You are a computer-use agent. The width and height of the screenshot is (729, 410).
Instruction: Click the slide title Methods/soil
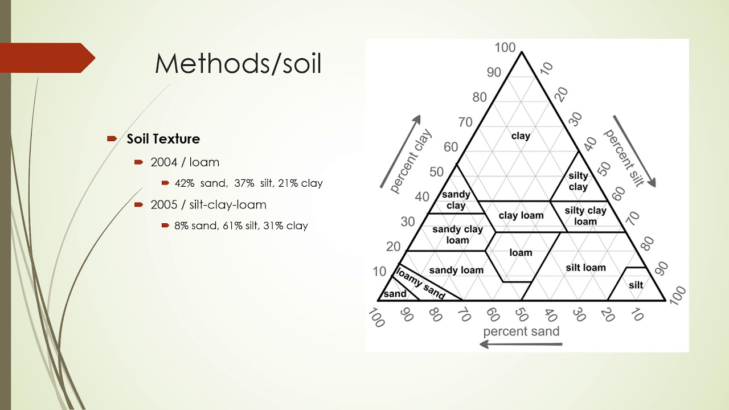[x=238, y=64]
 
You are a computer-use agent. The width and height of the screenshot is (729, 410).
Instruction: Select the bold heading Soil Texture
[x=163, y=139]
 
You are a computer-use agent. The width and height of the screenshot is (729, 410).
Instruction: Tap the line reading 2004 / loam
[x=185, y=162]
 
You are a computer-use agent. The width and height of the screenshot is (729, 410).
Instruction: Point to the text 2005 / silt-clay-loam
[x=208, y=204]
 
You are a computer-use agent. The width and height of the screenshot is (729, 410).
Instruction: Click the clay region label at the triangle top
[x=521, y=136]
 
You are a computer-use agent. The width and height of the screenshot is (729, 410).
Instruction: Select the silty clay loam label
[x=585, y=216]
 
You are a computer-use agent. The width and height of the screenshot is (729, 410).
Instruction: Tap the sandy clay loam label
[x=457, y=235]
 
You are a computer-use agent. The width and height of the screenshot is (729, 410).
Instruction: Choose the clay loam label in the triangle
[x=521, y=215]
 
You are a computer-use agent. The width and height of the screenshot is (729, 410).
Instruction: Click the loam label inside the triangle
[x=521, y=252]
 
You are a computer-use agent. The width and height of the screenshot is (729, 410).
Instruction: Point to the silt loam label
[x=585, y=268]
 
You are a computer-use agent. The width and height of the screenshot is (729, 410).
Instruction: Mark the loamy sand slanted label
[x=420, y=282]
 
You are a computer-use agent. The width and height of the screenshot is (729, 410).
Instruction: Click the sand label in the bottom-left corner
[x=395, y=294]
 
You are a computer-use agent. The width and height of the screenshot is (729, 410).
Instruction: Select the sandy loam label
[x=456, y=270]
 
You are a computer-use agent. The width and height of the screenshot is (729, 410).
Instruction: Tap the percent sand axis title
[x=521, y=331]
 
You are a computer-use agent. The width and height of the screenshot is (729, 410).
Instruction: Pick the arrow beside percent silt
[x=634, y=151]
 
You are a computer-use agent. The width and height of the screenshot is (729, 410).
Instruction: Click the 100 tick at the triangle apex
[x=505, y=47]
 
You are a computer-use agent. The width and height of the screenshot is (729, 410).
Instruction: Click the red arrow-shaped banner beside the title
[x=48, y=58]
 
